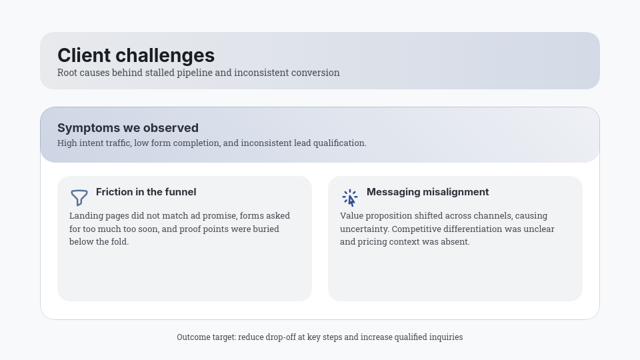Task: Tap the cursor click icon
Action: tap(350, 198)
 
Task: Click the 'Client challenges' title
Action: tap(136, 55)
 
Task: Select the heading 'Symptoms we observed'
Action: tap(128, 128)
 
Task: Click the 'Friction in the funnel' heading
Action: tap(146, 192)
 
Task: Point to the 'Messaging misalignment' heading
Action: tap(428, 192)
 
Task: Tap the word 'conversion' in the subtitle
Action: tap(316, 73)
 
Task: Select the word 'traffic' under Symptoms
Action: tap(119, 143)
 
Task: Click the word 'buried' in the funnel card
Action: tap(266, 229)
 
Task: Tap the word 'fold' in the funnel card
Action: tap(121, 241)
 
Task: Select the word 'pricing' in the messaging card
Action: tap(371, 242)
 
